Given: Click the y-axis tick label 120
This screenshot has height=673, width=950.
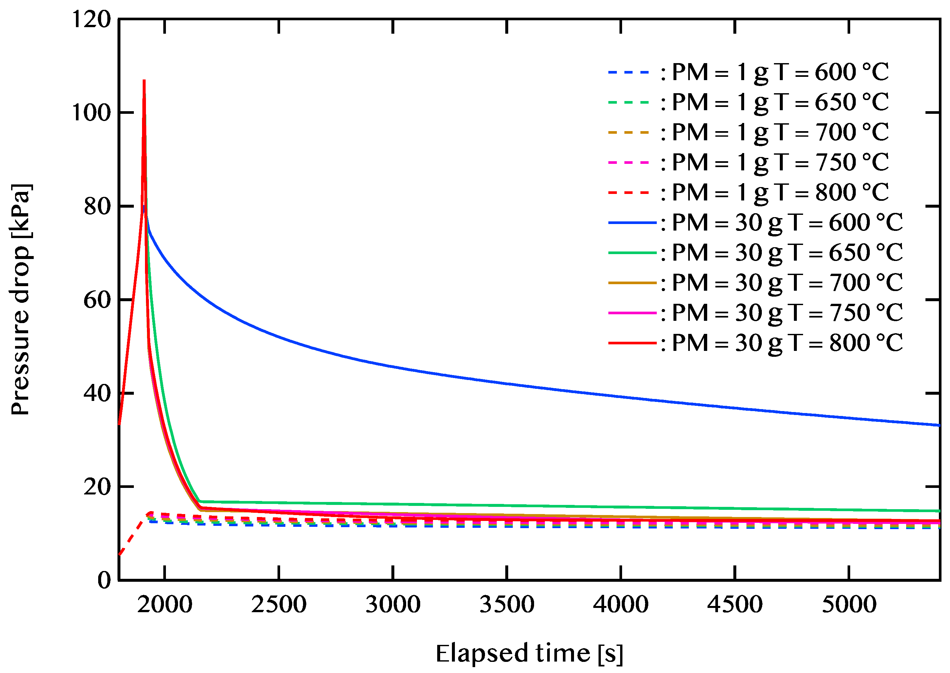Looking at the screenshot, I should click(92, 20).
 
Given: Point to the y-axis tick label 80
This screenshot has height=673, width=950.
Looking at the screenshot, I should click(98, 206).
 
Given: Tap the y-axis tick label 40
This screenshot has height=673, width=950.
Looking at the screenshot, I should click(98, 393).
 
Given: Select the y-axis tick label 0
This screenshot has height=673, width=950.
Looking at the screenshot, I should click(104, 580).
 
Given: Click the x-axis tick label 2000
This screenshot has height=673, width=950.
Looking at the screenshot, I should click(165, 605).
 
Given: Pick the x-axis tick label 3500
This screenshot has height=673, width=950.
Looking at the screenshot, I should click(507, 605).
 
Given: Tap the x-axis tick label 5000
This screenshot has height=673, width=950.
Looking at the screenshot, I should click(849, 605).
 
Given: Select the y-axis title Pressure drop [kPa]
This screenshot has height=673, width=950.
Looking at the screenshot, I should click(21, 299).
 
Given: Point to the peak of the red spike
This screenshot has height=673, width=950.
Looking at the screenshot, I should click(144, 81).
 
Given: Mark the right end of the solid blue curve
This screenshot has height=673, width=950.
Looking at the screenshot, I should click(939, 425).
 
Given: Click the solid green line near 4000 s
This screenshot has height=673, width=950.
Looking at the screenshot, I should click(621, 507).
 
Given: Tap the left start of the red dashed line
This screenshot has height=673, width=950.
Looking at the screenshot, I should click(120, 554).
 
